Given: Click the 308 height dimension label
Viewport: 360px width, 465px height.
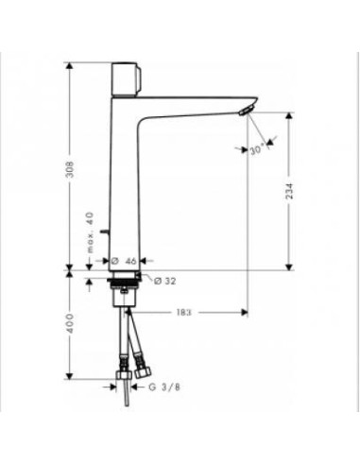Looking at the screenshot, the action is point(71,169).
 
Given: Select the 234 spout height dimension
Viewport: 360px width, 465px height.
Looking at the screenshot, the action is point(289,191).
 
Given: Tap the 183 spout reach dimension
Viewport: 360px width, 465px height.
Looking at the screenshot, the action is point(183,313).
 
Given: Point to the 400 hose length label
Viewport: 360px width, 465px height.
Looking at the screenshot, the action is point(70,323).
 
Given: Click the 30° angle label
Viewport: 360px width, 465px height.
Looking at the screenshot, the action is point(258,150).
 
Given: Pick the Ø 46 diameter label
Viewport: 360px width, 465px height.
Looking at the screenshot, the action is point(124,261).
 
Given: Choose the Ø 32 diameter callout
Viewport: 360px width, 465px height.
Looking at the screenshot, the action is point(164,281).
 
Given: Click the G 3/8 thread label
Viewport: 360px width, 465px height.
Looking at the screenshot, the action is point(164,387).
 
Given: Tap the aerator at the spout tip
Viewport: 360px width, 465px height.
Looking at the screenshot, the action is point(246,111).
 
